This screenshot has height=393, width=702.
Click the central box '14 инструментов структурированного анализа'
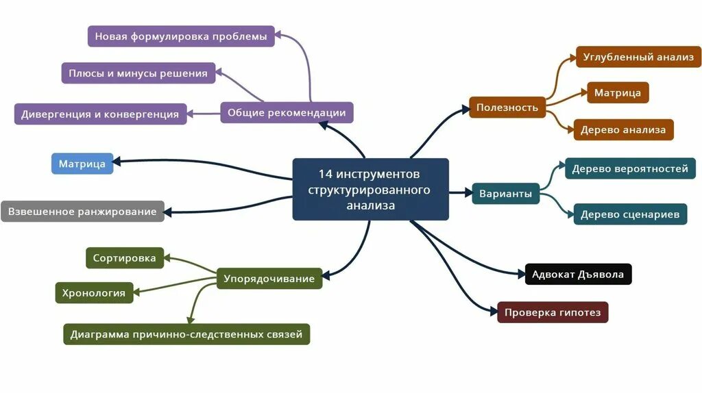[370, 189]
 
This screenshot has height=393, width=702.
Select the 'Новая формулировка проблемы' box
[181, 36]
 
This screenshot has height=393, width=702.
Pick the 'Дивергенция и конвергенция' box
[100, 114]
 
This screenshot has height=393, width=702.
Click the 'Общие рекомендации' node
[287, 112]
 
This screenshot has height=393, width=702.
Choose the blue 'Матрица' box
[82, 164]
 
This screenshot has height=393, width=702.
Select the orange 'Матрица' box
[618, 92]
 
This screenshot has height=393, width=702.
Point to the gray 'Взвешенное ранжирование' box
[82, 212]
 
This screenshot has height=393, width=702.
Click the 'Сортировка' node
[125, 258]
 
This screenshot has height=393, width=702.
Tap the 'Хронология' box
[93, 293]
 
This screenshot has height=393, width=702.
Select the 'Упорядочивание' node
[269, 278]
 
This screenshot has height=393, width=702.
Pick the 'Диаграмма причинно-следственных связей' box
[186, 334]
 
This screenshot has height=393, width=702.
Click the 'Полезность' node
[507, 107]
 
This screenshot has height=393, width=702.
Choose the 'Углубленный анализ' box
[638, 57]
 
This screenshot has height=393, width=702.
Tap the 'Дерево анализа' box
[623, 129]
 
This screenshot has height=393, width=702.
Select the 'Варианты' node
[506, 194]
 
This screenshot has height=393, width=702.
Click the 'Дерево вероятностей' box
[630, 168]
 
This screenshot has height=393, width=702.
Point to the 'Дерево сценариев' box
[630, 214]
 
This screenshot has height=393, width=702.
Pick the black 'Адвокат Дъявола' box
[578, 275]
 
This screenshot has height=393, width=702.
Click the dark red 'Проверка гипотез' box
[553, 313]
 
